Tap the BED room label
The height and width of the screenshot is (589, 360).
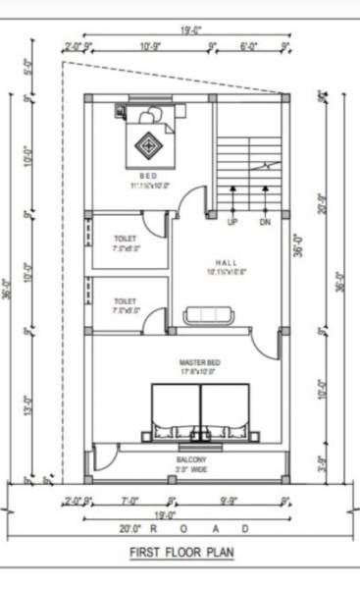(x=148, y=176)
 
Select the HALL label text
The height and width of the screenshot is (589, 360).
(x=226, y=262)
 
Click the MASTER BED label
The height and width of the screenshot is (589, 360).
(x=200, y=362)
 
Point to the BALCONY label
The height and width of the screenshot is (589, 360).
(x=191, y=459)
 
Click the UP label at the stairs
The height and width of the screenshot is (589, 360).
(x=232, y=223)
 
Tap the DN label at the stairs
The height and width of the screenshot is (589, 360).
(x=265, y=223)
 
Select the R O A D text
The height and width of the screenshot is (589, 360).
(x=203, y=528)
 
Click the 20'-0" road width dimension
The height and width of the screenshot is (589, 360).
(x=131, y=528)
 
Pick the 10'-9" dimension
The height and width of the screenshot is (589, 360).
(x=149, y=46)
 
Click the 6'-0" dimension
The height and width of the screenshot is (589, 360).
(x=249, y=46)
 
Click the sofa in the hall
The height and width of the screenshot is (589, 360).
(x=209, y=314)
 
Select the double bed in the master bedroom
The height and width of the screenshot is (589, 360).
(x=201, y=412)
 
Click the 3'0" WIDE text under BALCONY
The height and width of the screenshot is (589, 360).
(x=191, y=470)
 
